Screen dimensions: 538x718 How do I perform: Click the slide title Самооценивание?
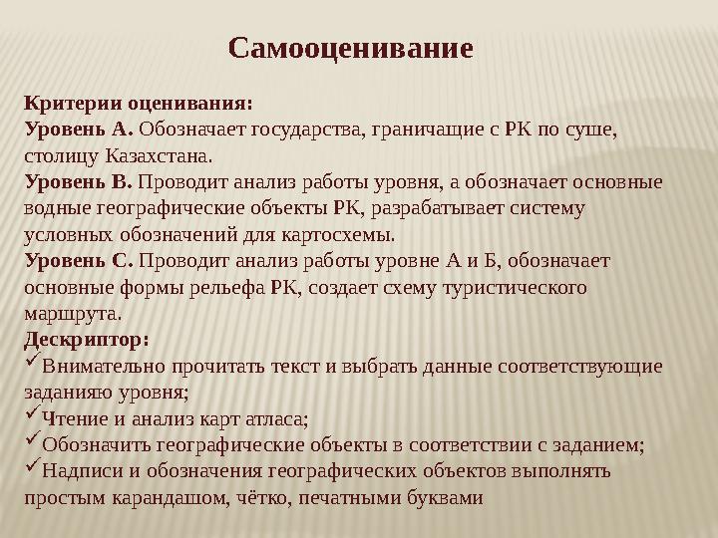click(350, 48)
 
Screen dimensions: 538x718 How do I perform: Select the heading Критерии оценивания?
click(138, 103)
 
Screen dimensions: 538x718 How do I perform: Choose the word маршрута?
click(71, 314)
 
